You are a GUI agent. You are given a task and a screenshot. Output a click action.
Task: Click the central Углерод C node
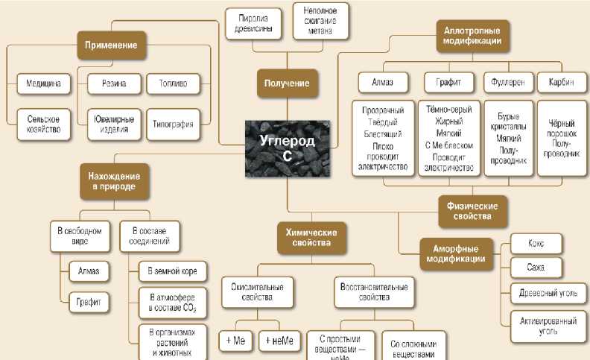pos(288,148)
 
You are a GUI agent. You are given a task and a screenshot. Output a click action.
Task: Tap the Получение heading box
pos(288,83)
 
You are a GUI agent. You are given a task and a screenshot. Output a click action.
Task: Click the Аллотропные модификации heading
pos(472,36)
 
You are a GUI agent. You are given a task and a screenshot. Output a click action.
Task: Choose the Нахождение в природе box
pos(114,181)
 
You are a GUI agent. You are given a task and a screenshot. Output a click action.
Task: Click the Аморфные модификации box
pos(457,253)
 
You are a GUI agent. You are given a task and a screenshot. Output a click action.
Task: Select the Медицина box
pos(44,83)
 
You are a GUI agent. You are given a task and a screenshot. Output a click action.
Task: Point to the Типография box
pos(173,124)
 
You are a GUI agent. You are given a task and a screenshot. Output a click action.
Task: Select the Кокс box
pos(536,243)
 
